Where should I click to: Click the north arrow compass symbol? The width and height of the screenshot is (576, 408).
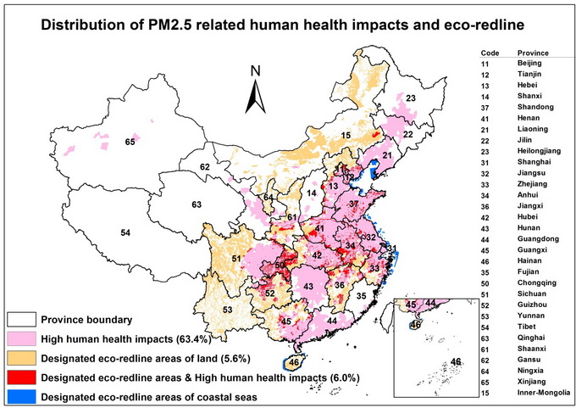tap(257, 91)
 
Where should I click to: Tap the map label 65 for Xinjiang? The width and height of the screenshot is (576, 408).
tap(130, 141)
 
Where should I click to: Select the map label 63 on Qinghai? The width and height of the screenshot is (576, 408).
tap(197, 205)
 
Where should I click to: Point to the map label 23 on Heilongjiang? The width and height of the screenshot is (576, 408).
tap(411, 99)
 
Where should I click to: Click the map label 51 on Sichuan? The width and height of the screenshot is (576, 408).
tap(236, 259)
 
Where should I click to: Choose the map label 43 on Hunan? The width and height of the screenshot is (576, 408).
tap(309, 287)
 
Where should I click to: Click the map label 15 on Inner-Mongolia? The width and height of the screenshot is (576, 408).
tap(346, 136)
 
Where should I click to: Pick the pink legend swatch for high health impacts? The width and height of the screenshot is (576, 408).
tap(24, 337)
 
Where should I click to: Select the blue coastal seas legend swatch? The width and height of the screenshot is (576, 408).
tap(24, 395)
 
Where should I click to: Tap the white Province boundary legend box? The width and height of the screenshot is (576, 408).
tap(24, 319)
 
